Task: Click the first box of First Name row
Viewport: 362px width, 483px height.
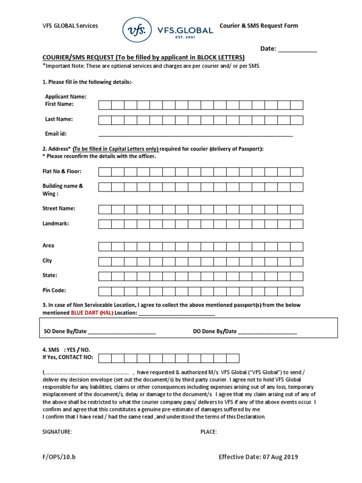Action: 105,105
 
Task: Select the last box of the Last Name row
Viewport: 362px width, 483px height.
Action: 296,120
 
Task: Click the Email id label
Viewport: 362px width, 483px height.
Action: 56,133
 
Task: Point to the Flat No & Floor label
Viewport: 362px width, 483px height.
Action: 62,171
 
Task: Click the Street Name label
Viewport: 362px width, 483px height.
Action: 59,208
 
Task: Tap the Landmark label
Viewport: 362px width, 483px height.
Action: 56,223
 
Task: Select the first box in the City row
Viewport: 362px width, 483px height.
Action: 105,261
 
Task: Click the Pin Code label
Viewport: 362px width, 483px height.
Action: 54,290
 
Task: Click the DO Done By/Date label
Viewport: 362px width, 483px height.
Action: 214,332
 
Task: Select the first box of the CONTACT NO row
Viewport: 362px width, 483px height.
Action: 105,358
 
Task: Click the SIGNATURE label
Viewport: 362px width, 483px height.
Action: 57,432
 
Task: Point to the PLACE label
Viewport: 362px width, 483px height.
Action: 208,432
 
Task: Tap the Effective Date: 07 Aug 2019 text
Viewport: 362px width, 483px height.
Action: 258,457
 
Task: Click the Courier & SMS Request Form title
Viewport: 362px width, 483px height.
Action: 259,26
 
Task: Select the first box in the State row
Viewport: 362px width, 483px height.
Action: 105,275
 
